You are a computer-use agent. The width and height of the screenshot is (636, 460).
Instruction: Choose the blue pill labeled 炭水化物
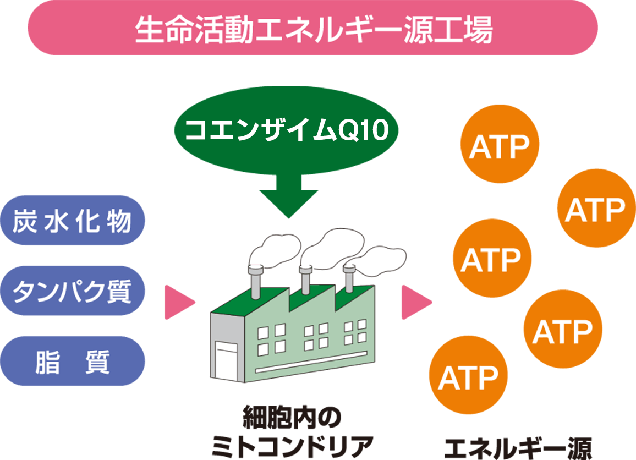73,221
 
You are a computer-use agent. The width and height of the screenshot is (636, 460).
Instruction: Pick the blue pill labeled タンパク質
73,291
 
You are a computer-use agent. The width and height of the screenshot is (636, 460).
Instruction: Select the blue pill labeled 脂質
73,362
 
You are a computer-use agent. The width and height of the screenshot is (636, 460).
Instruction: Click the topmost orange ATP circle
500,145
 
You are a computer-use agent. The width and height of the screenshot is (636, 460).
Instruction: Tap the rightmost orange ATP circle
596,209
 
